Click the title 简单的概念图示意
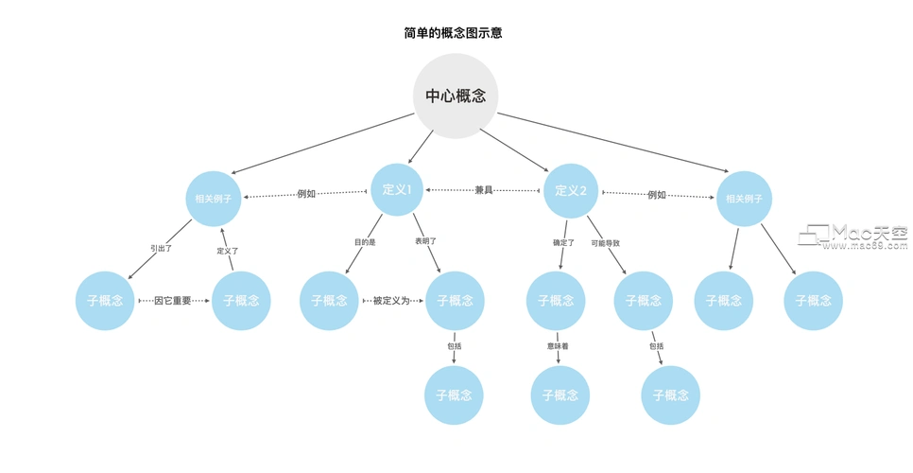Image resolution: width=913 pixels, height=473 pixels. pyautogui.click(x=453, y=33)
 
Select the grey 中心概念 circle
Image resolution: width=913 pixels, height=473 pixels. pyautogui.click(x=456, y=96)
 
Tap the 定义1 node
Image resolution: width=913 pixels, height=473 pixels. pyautogui.click(x=397, y=190)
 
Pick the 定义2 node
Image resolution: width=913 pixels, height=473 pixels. pyautogui.click(x=571, y=190)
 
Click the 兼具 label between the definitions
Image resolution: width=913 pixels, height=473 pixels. pyautogui.click(x=484, y=191)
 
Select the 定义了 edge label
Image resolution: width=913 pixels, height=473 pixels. pyautogui.click(x=228, y=251)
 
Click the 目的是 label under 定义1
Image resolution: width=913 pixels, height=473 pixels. pyautogui.click(x=365, y=242)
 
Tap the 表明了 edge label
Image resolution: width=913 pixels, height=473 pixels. pyautogui.click(x=426, y=242)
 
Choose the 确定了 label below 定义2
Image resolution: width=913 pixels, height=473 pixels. pyautogui.click(x=563, y=243)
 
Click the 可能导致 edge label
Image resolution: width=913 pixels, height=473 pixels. pyautogui.click(x=606, y=243)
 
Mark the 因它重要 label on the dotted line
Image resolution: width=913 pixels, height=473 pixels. pyautogui.click(x=173, y=301)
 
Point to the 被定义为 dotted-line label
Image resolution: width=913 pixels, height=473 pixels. pyautogui.click(x=391, y=301)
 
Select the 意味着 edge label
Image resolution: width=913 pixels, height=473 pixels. pyautogui.click(x=558, y=346)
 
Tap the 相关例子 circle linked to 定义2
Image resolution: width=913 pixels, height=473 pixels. pyautogui.click(x=744, y=199)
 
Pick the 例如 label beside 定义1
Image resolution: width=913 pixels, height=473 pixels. pyautogui.click(x=306, y=194)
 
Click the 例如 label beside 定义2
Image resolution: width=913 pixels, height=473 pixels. pyautogui.click(x=657, y=195)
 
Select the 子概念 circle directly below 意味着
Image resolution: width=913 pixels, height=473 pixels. pyautogui.click(x=560, y=394)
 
